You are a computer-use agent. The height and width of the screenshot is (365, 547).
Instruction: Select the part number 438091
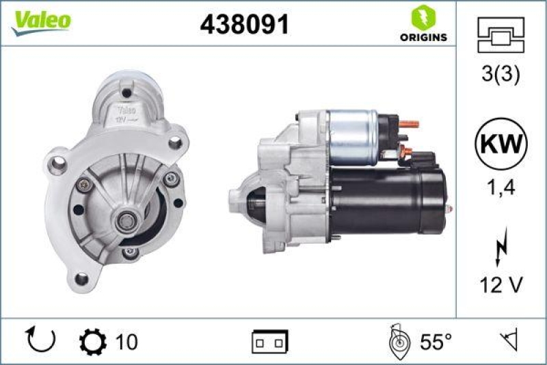(x=244, y=25)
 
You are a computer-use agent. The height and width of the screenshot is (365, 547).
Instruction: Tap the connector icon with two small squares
(x=269, y=341)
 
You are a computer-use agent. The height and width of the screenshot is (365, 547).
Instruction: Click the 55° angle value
(x=436, y=340)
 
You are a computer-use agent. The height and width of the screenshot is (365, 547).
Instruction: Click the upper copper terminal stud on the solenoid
(x=410, y=124)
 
